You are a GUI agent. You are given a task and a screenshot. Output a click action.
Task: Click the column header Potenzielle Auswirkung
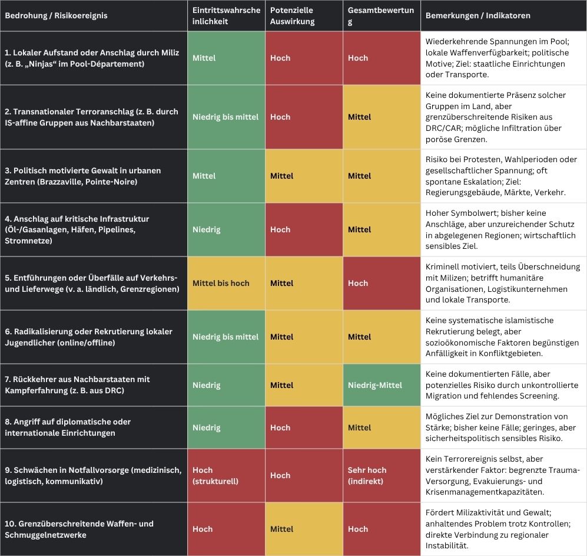coord(293,16)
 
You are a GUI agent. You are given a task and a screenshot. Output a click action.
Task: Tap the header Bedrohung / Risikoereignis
coord(56,16)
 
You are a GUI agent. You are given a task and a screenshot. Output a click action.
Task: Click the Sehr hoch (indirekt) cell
coord(367,475)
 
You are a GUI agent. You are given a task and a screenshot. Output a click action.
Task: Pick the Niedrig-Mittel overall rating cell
coord(375,385)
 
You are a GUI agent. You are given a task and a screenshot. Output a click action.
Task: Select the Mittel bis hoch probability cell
coord(221,283)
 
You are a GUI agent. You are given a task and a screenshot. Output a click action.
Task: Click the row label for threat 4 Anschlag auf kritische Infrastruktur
coord(77,229)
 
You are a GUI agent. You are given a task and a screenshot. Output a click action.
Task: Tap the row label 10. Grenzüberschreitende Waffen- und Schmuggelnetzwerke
coord(79,529)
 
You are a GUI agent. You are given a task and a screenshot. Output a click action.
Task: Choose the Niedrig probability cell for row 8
coord(206,427)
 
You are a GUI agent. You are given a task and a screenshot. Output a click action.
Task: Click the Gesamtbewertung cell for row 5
coord(358,283)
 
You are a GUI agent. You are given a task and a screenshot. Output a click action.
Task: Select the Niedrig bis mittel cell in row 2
coord(225,117)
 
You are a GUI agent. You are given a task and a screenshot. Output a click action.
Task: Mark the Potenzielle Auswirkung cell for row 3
coord(281,176)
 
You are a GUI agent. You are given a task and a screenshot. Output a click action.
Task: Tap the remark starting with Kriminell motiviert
coord(502,283)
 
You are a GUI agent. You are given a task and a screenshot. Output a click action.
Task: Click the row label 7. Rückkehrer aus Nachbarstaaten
coord(77,385)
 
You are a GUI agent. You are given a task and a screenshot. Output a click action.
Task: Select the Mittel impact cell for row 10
coord(281,529)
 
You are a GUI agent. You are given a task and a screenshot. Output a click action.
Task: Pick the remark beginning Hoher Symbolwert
coord(502,229)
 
